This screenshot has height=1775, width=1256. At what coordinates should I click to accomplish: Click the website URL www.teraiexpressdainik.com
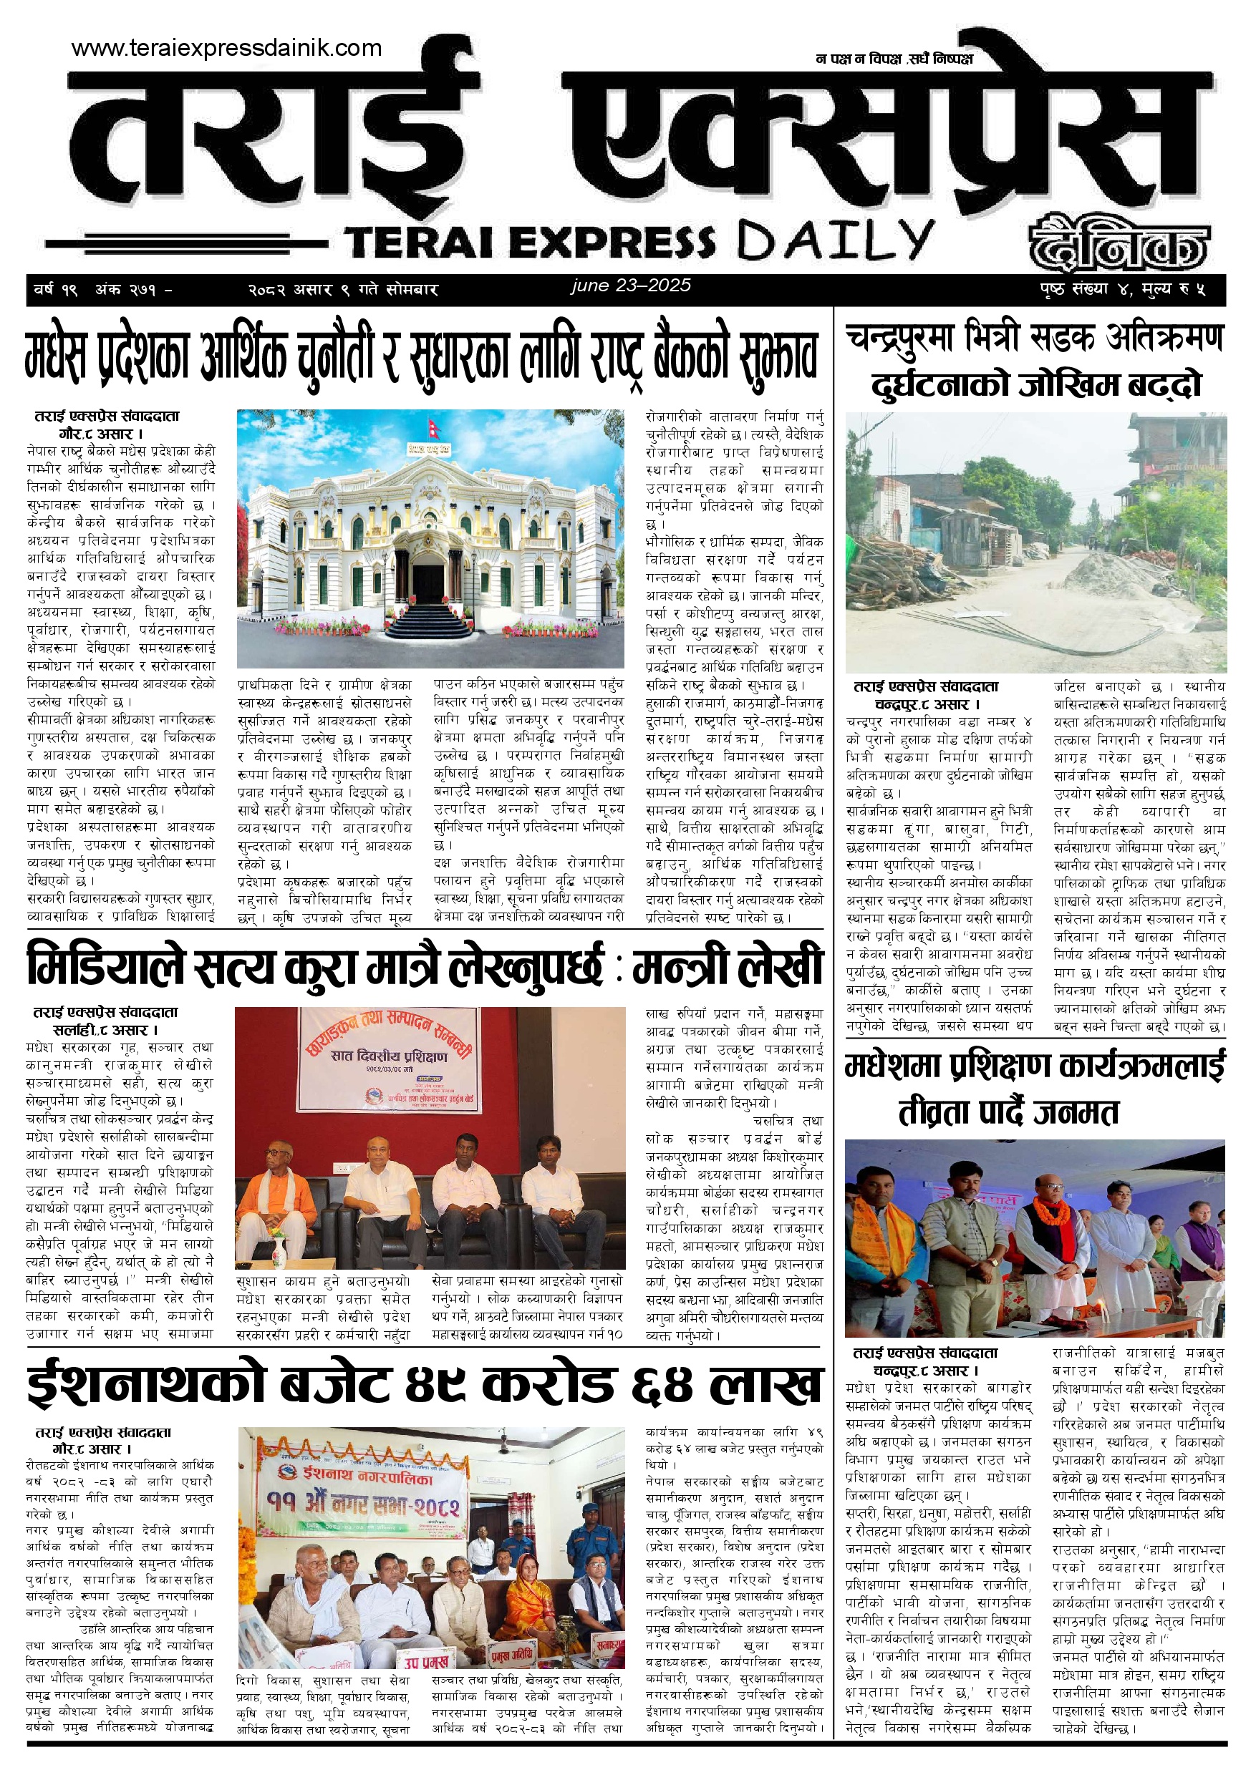(x=226, y=48)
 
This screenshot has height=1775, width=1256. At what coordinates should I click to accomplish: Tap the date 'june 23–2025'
(x=630, y=286)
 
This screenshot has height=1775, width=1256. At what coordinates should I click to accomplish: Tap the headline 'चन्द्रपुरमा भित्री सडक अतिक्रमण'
(x=1034, y=338)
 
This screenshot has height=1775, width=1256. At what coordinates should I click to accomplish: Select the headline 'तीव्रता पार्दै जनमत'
(x=1008, y=1113)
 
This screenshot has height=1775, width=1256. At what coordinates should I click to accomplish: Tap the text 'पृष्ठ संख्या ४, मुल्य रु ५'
(x=1122, y=290)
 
